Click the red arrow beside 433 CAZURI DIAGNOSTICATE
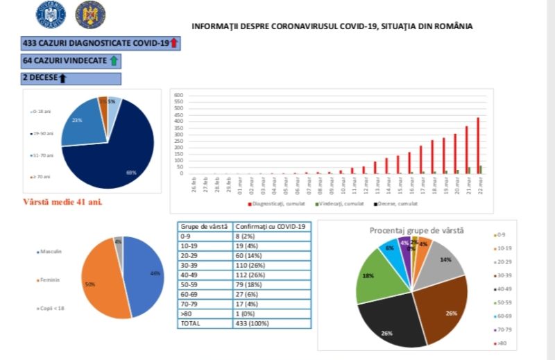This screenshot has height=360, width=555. (174, 44)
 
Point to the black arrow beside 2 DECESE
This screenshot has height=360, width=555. (62, 78)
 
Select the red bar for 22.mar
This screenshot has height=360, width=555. (478, 146)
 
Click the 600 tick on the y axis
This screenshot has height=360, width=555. (178, 95)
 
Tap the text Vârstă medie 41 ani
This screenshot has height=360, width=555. (68, 203)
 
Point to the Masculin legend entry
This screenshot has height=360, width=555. (53, 250)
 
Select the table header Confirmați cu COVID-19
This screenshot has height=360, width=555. (271, 226)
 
